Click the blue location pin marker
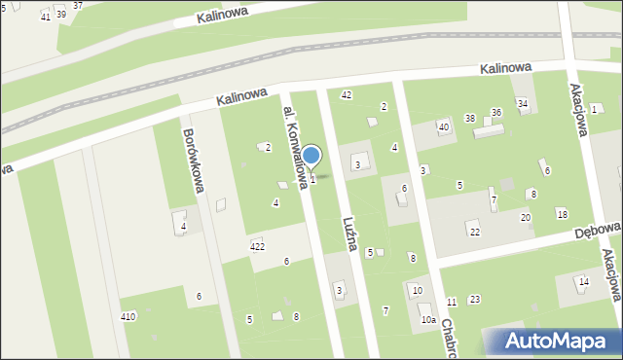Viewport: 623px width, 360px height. click(311, 157)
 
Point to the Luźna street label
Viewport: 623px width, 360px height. click(350, 231)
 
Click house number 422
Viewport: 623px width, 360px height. click(257, 247)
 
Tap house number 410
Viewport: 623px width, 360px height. click(128, 317)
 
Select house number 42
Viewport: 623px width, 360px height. click(346, 94)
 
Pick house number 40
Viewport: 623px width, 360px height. click(444, 127)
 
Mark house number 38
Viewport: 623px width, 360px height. click(469, 119)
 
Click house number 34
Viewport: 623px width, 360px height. click(522, 103)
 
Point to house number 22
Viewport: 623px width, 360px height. click(474, 232)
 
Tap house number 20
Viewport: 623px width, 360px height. click(525, 217)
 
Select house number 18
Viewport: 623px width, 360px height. click(562, 214)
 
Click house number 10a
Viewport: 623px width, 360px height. click(427, 320)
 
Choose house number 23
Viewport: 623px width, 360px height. click(474, 299)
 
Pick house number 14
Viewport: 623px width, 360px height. click(583, 282)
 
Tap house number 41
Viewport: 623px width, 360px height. click(45, 18)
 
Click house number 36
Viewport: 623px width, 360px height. click(495, 113)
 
